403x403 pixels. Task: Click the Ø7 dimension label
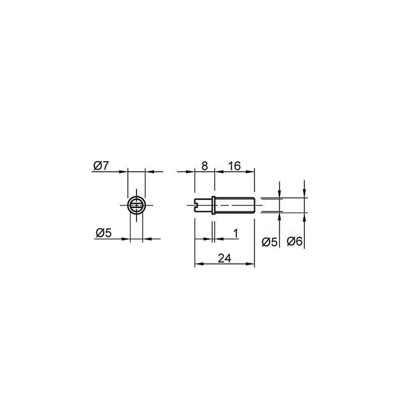point(101,166)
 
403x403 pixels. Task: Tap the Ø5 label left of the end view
point(104,233)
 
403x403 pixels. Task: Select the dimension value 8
point(204,166)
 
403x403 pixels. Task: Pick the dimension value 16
point(234,166)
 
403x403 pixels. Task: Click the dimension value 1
point(236,233)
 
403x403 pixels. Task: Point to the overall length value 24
point(225,258)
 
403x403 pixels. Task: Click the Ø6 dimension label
point(295,242)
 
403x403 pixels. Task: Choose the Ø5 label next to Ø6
point(269,242)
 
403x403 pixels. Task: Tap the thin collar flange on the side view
point(213,205)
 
